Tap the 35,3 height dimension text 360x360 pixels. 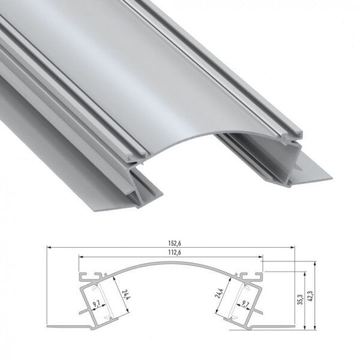(299, 298)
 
